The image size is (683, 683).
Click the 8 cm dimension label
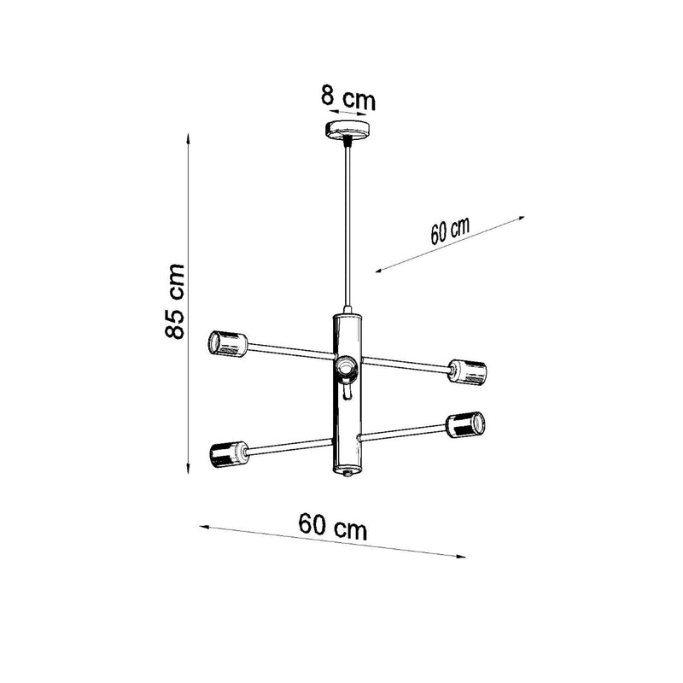347,97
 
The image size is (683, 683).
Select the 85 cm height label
175,301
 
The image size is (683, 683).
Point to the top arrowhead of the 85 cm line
189,137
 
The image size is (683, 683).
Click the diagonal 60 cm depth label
449,231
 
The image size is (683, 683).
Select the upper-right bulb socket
469,371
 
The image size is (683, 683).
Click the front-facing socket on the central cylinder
346,368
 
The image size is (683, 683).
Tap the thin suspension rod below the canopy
347,222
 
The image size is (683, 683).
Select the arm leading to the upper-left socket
290,351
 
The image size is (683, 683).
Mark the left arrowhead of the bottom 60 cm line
203,527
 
